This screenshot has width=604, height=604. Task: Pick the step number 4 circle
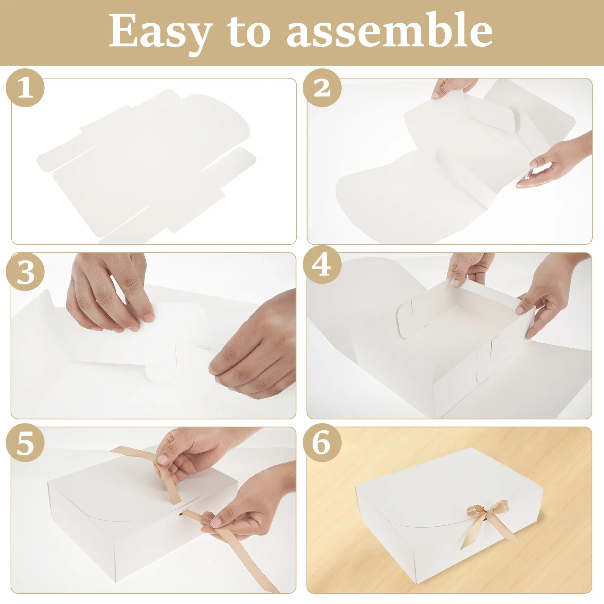click(322, 266)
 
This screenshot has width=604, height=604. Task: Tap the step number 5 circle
click(25, 442)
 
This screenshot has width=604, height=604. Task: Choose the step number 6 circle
click(322, 442)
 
